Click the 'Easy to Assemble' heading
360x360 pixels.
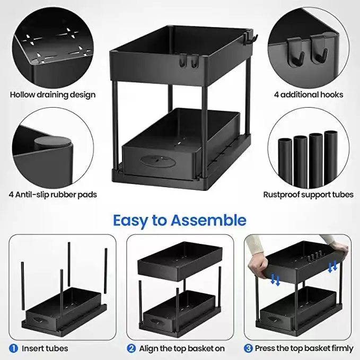click(180, 219)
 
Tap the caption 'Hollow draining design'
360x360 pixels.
click(53, 95)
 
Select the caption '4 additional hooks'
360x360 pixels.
click(308, 95)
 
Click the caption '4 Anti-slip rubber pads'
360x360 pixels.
click(53, 195)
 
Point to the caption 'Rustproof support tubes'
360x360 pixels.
click(308, 195)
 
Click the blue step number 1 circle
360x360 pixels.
click(13, 348)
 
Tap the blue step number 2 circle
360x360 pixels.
click(130, 348)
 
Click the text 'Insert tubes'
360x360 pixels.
click(45, 348)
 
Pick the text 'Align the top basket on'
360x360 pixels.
click(182, 348)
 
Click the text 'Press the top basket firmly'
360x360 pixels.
click(304, 348)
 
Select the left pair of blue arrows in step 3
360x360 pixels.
click(275, 279)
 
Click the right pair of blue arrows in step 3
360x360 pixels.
click(332, 267)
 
